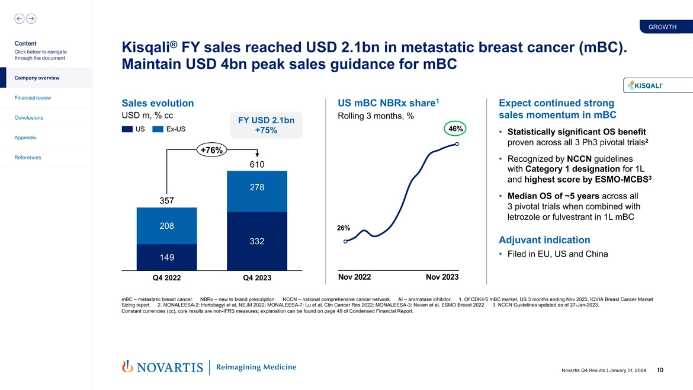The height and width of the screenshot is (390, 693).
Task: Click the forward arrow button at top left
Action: coord(30,19)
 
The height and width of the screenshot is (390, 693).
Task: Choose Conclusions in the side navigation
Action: coord(30,117)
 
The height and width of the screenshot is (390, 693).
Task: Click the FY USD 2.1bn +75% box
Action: coord(266,125)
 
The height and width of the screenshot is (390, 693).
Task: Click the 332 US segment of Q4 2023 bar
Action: coord(257,241)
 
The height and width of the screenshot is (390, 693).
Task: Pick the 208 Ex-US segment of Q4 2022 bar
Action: coord(166,226)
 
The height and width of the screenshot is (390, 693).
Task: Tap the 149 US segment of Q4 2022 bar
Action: coord(166,257)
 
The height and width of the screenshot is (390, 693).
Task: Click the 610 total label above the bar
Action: coord(256,164)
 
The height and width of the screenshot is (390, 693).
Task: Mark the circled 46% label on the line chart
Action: coord(456,129)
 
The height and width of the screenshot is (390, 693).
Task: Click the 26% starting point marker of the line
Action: coord(345,241)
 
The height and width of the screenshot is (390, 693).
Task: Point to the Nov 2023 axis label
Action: coord(442,277)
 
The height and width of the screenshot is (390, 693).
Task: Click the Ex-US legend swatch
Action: coord(158,130)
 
